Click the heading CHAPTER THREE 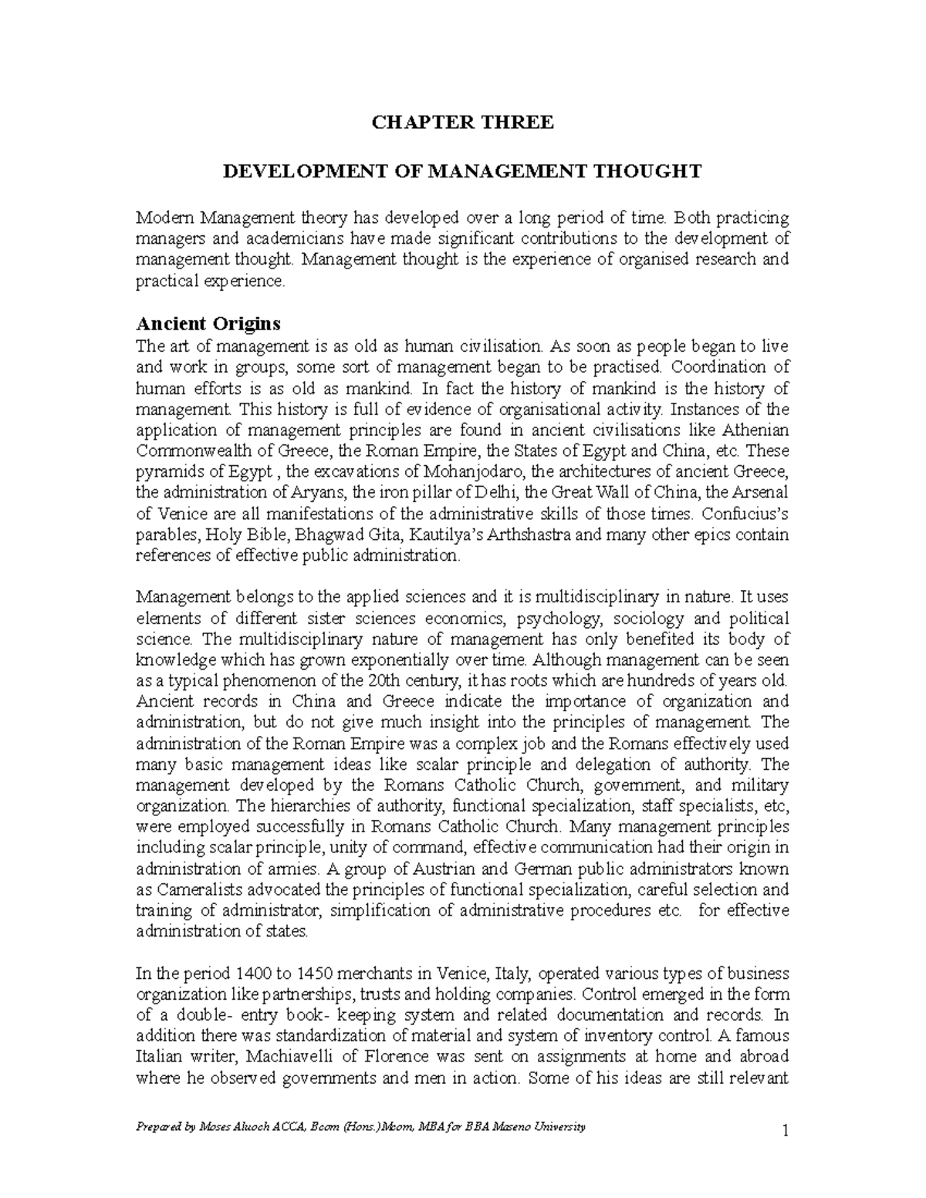(462, 122)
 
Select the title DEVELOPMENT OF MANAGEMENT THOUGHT (462, 170)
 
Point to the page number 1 (785, 1132)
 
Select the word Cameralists (192, 889)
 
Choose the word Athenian (755, 430)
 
